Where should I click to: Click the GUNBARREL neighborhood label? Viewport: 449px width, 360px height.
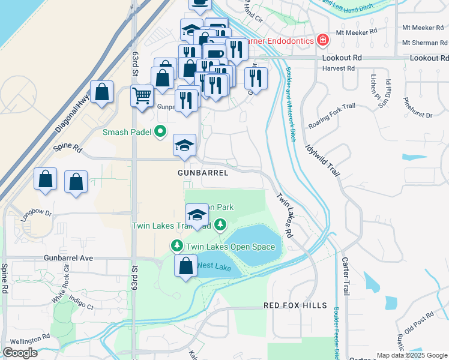coord(203,173)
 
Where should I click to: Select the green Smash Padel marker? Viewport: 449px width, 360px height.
coord(160,131)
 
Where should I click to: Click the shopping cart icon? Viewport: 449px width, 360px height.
coord(142,95)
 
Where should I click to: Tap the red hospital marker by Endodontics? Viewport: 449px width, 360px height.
coord(323,40)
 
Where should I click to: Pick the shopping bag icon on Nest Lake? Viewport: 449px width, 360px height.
coord(186,266)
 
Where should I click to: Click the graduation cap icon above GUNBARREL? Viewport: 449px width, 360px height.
coord(185,145)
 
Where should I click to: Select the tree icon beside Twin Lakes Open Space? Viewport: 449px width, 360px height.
coord(177,246)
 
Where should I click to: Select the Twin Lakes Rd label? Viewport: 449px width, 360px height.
coord(284,215)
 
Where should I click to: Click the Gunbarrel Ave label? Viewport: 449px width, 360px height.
coord(68,257)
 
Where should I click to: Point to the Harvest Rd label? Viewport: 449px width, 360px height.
coord(337,68)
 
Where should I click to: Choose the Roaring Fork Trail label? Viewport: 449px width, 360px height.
coord(331,116)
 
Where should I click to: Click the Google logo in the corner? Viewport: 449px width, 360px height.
coord(20,352)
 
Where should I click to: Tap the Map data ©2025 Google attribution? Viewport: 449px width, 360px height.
coord(411,355)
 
